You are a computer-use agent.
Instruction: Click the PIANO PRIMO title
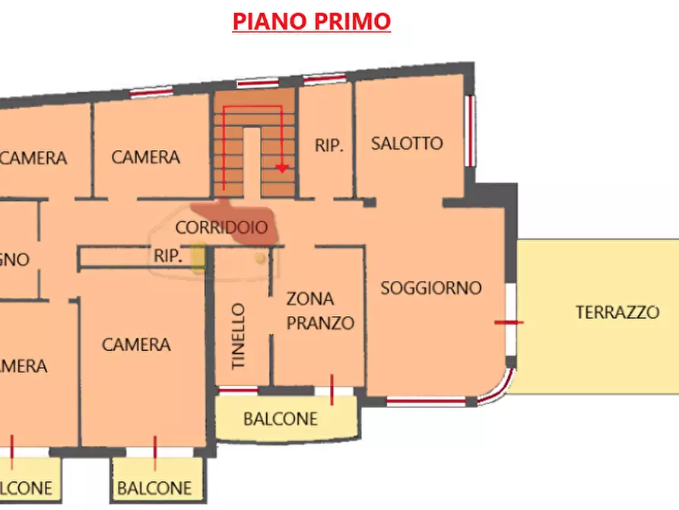tap(312, 21)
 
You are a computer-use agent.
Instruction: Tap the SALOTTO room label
tap(407, 143)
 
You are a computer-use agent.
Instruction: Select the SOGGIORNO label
tap(431, 288)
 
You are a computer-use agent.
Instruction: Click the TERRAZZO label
tap(617, 312)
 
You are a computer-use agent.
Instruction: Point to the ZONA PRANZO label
tap(319, 311)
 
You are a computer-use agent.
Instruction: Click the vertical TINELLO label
tap(239, 336)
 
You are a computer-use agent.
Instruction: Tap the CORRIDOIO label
tap(221, 227)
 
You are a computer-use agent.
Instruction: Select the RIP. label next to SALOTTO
tap(329, 145)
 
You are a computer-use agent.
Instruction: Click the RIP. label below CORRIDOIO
tap(168, 257)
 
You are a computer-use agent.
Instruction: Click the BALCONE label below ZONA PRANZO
tap(280, 419)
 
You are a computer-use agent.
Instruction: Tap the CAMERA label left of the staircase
tap(145, 158)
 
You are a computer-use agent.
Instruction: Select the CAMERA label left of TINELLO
tap(136, 345)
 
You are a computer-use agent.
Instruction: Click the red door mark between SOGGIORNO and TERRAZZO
tap(509, 323)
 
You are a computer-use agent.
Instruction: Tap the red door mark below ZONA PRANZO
tap(332, 389)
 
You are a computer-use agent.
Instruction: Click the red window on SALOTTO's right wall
tap(471, 129)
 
